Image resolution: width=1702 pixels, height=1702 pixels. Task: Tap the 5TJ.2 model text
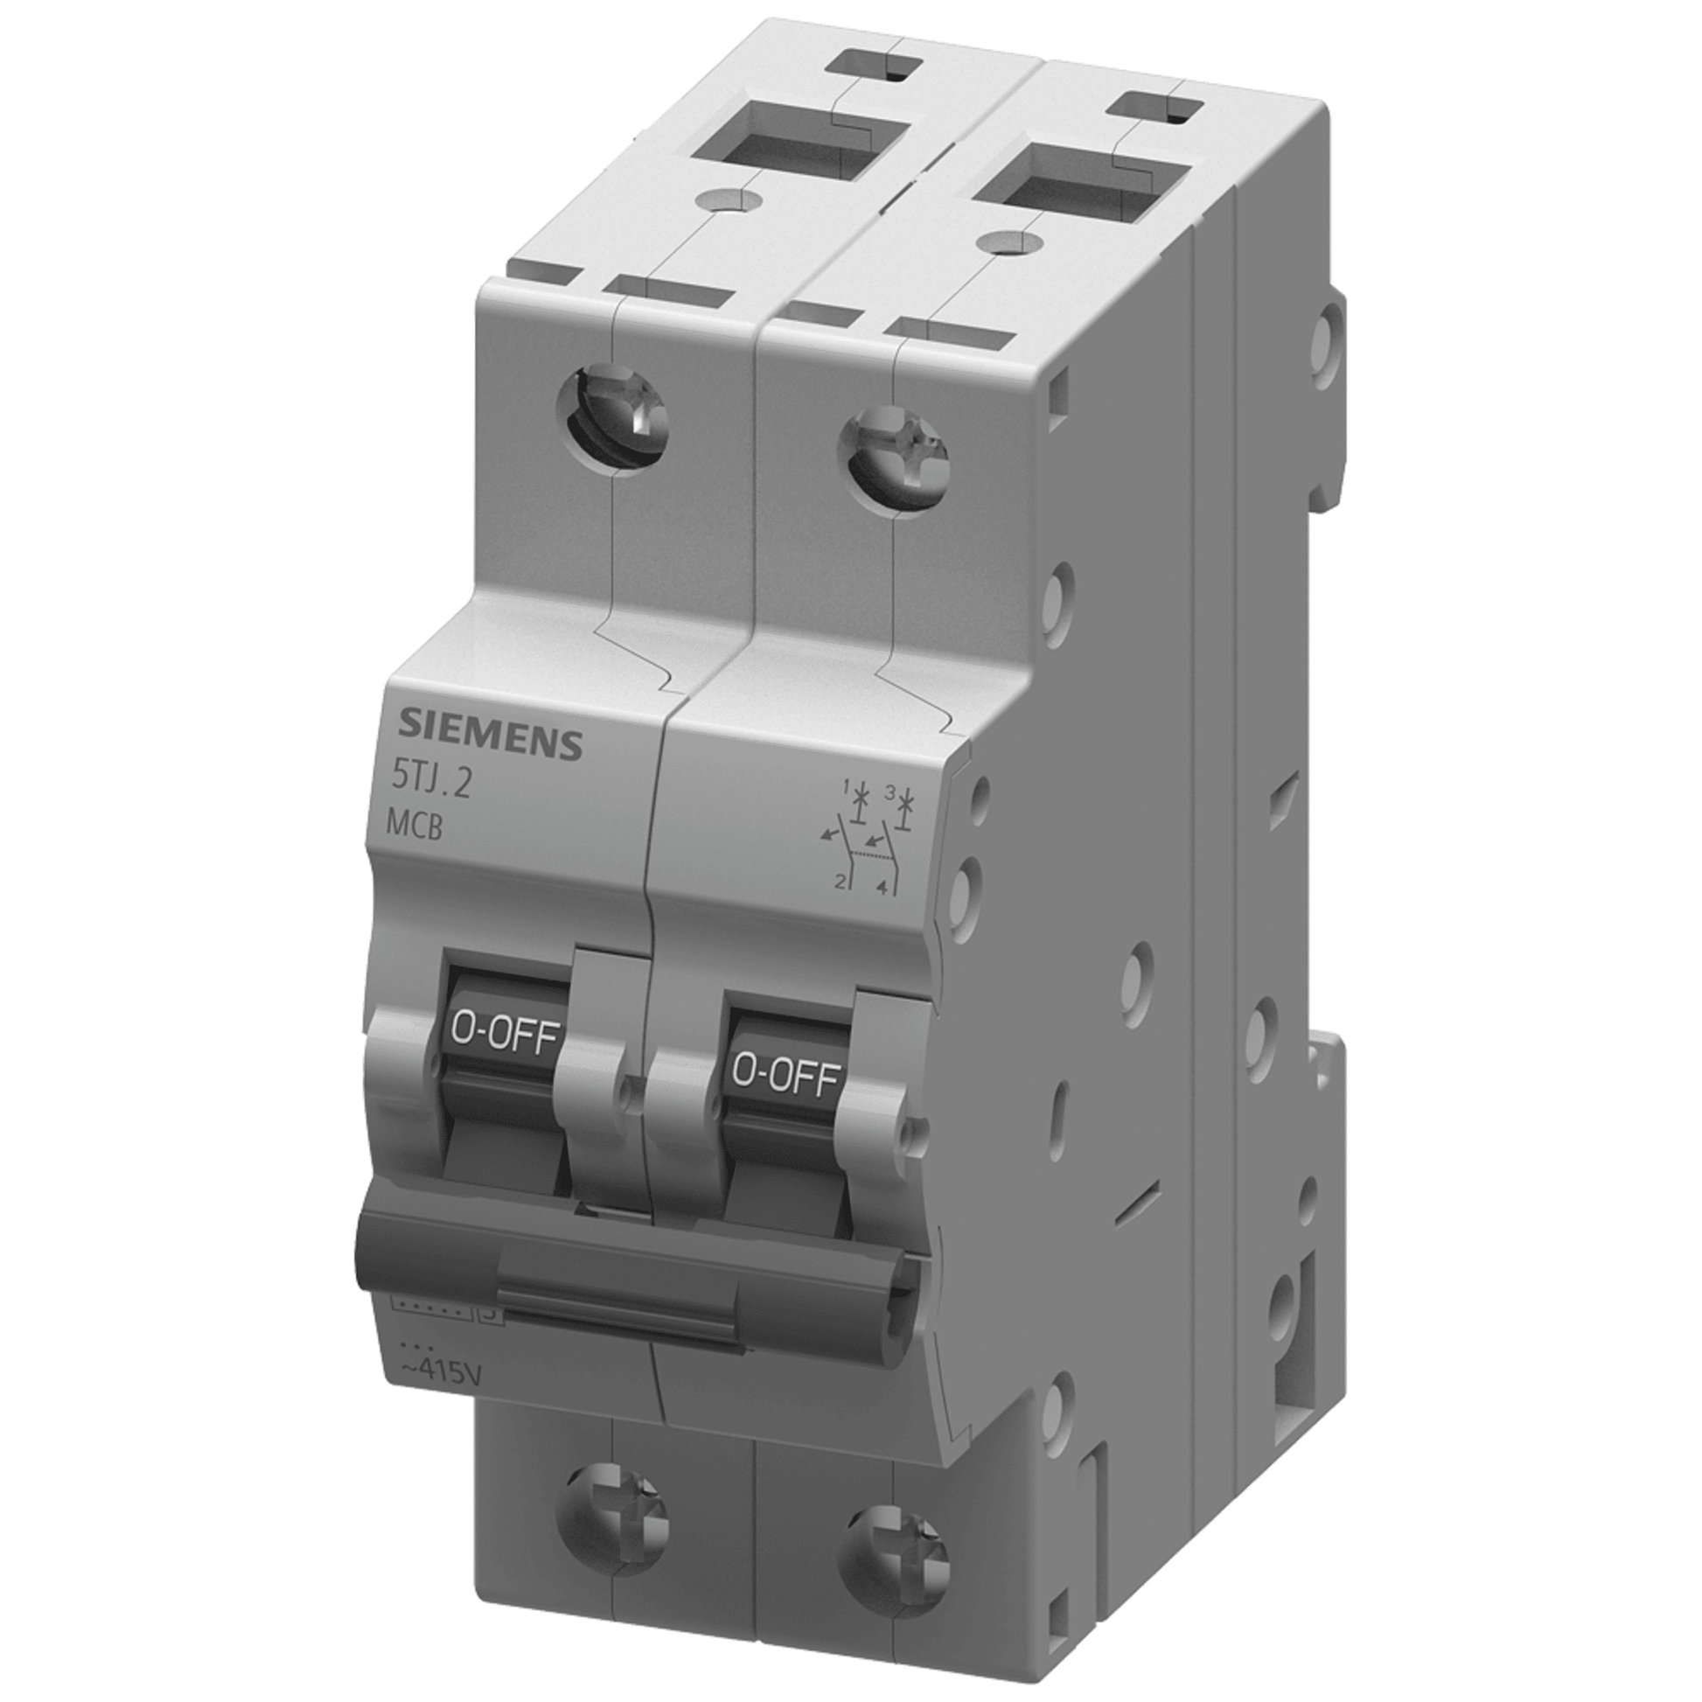431,784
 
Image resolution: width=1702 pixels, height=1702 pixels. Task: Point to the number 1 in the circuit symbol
845,784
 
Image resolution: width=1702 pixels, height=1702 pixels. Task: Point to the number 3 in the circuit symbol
889,794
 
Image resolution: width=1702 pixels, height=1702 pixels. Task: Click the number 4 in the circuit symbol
881,889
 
